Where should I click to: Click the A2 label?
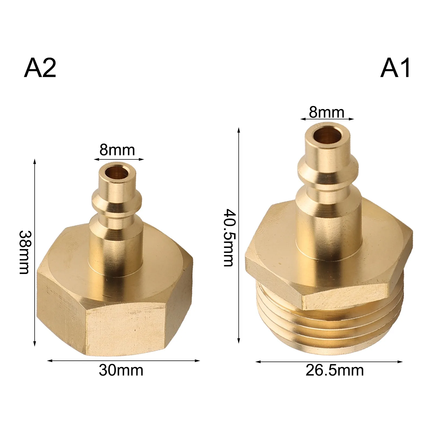(40, 68)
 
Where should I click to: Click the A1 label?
(395, 68)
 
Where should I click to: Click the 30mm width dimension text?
(121, 370)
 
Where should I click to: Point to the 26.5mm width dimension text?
(335, 370)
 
